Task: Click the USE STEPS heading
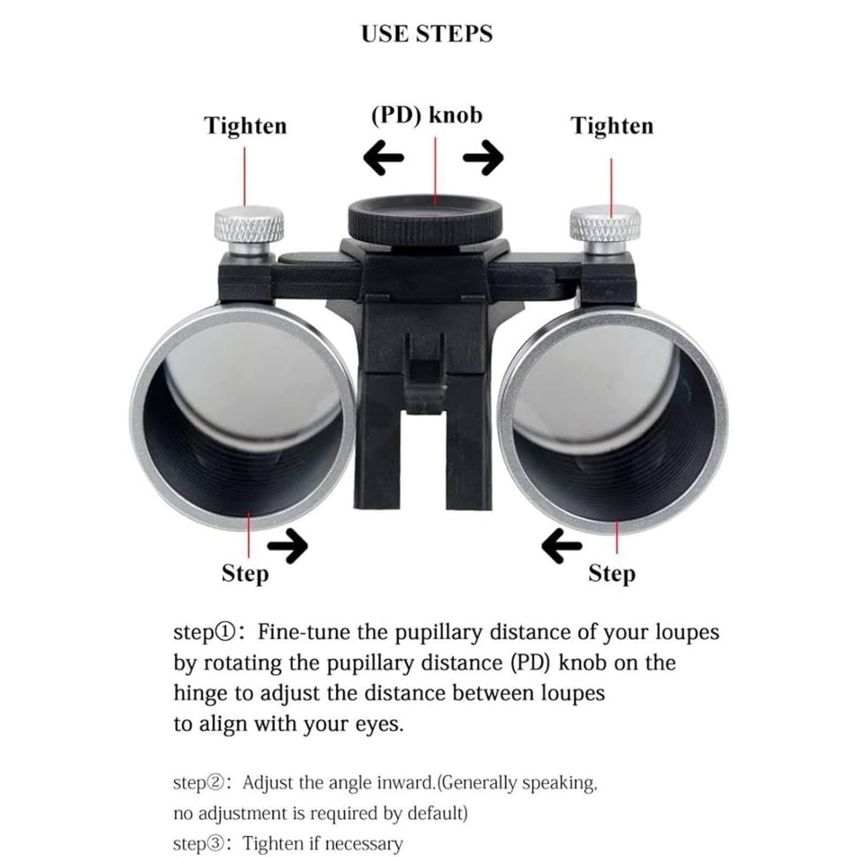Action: coord(427,34)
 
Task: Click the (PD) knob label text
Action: coord(427,115)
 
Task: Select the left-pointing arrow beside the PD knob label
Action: coord(383,158)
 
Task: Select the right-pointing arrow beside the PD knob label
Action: coord(483,158)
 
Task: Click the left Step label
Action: coord(245,574)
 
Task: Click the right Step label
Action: coord(612,574)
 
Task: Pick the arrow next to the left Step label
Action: coord(288,546)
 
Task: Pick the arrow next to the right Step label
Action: coord(561,546)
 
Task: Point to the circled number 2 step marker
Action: coord(214,784)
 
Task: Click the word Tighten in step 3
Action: coord(273,844)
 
